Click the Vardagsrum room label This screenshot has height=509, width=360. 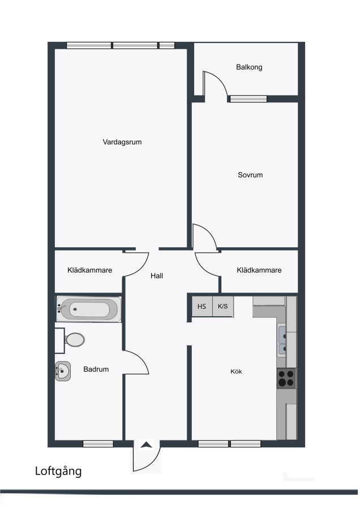point(122,142)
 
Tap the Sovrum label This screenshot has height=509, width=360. point(250,175)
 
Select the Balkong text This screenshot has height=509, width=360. point(249,67)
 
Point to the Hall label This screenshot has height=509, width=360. point(157,276)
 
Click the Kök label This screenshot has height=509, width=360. point(236,372)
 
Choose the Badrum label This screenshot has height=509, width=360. point(96,369)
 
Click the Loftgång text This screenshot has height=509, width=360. point(58,471)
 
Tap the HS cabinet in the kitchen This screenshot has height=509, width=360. point(202,306)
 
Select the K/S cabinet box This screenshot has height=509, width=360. point(223,306)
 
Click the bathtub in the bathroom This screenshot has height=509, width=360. point(89,309)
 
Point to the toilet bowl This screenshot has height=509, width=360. point(75,340)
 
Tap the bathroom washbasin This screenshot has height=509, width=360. point(63,371)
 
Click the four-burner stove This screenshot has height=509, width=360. point(286,378)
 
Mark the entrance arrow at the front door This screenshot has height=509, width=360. point(146,445)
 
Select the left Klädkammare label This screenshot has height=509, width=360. point(89,270)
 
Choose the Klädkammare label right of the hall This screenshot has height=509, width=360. point(259,270)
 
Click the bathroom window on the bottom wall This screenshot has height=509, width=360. point(98,443)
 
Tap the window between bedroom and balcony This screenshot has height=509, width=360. point(248,98)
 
